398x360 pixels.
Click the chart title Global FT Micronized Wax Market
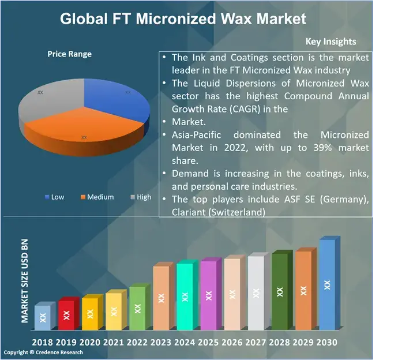183,18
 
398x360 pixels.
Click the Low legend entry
54,197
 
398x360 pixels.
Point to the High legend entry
141,197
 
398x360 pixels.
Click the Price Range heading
69,54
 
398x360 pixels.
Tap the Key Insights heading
331,41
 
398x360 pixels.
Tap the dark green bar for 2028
279,292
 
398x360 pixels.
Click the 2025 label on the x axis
208,342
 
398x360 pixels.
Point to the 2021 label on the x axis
113,342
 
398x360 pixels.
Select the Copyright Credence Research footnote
43,352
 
